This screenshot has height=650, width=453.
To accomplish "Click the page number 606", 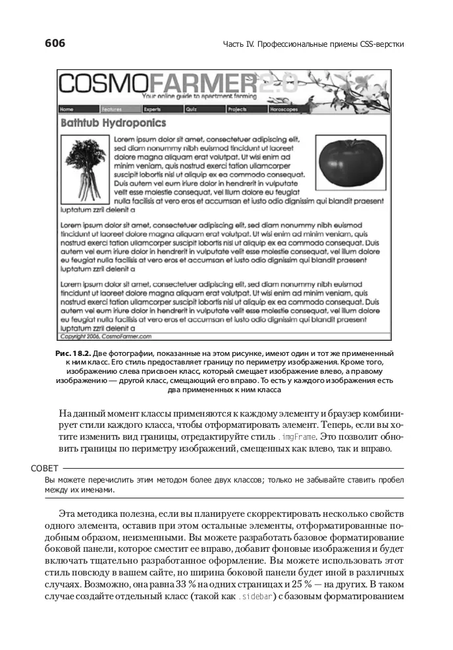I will [x=55, y=44].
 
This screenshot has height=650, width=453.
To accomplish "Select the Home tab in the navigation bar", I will [x=67, y=109].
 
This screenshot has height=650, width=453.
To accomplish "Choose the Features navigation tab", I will [x=112, y=109].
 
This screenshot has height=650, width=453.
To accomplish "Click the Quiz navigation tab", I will [x=192, y=109].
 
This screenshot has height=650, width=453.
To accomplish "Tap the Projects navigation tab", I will [x=238, y=109].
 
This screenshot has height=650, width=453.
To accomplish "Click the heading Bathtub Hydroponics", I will [x=113, y=123].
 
